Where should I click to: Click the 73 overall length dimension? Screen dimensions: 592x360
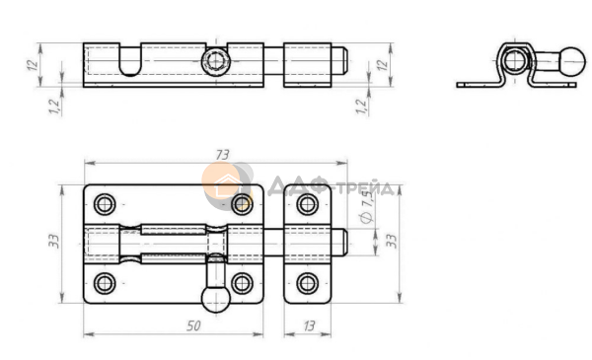click(x=223, y=155)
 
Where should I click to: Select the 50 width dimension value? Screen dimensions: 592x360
click(x=193, y=325)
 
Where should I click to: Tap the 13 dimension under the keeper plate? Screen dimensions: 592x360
click(x=309, y=325)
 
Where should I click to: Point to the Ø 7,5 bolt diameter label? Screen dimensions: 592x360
click(x=367, y=206)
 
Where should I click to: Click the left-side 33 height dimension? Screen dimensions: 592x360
click(x=54, y=241)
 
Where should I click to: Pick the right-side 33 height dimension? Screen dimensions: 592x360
click(x=392, y=241)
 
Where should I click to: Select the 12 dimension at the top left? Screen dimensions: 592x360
click(x=33, y=64)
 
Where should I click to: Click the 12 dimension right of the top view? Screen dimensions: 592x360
click(x=383, y=64)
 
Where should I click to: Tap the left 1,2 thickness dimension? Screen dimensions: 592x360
click(x=54, y=107)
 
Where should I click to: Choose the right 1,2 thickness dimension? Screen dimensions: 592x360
click(x=362, y=107)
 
